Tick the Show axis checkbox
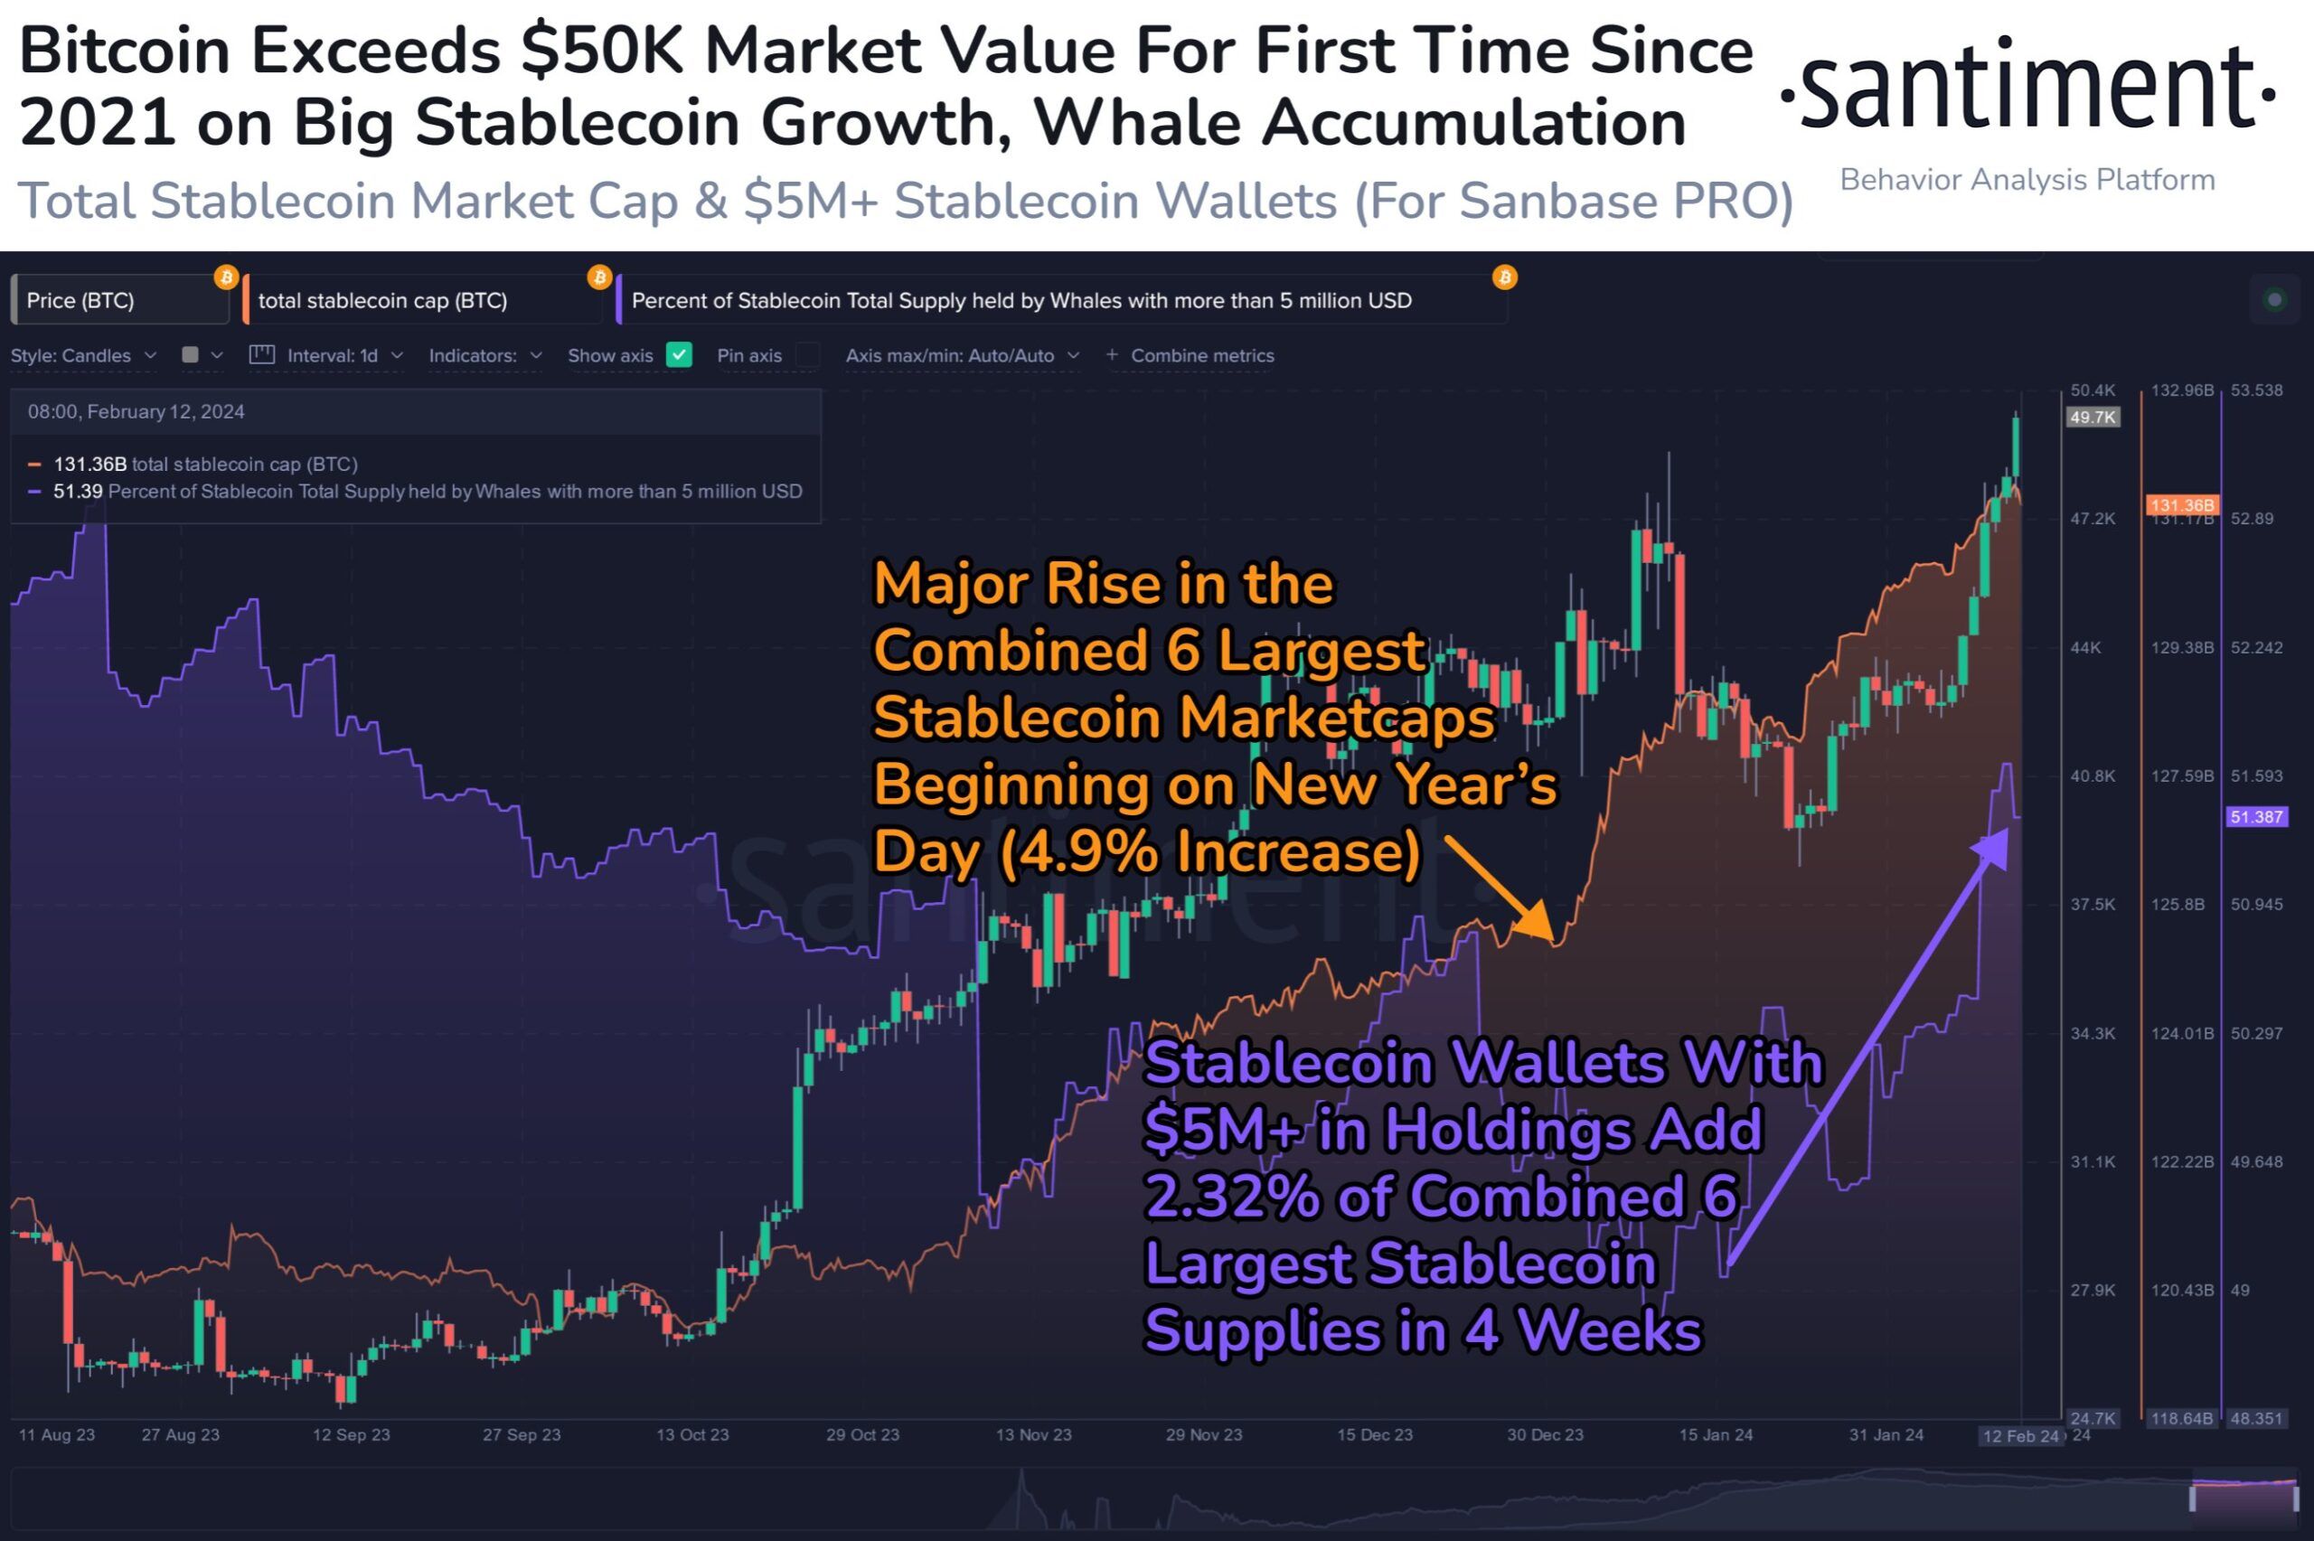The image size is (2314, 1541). [x=679, y=355]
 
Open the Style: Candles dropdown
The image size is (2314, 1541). [x=83, y=356]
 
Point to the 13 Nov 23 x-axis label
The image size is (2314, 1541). [x=1034, y=1435]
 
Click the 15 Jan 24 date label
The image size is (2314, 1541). [x=1716, y=1435]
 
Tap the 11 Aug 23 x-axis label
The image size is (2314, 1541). [x=57, y=1435]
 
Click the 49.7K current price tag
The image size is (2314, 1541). [x=2092, y=418]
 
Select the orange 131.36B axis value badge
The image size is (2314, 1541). [x=2181, y=505]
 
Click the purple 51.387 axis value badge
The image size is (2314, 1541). [x=2256, y=817]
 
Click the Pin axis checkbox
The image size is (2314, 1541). [x=808, y=355]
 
